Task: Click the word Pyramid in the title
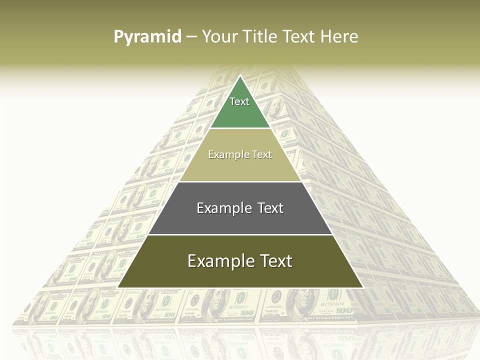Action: coord(147,37)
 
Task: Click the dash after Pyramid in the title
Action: coord(191,37)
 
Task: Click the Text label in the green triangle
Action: coord(239,101)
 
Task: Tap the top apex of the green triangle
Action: coord(240,76)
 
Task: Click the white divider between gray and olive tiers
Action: coord(240,234)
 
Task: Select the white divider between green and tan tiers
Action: coord(240,128)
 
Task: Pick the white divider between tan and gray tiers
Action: coord(240,181)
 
